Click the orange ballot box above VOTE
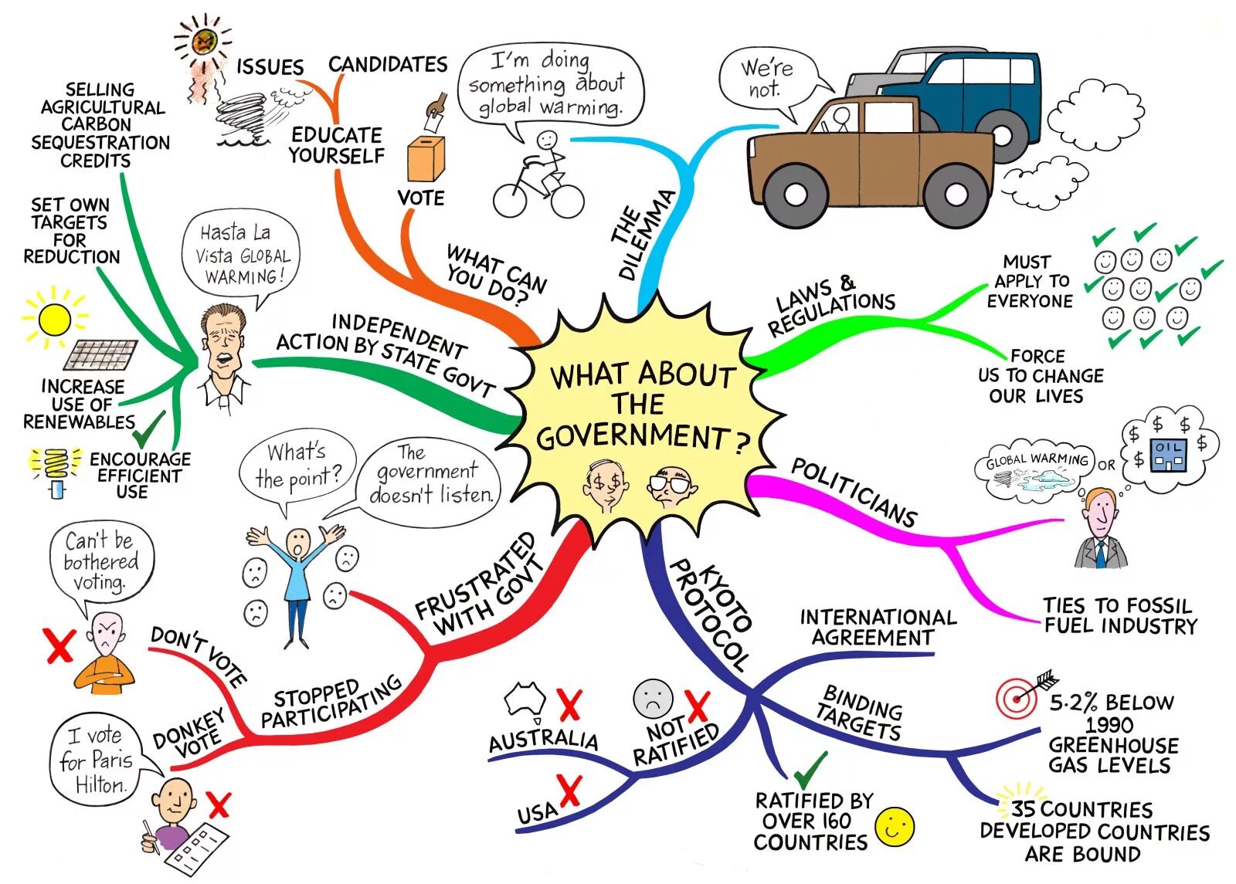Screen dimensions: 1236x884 [426, 159]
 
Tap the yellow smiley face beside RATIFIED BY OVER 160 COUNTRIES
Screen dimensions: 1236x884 [895, 827]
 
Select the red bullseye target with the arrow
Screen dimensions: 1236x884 [1017, 699]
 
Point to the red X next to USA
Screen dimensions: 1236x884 [569, 792]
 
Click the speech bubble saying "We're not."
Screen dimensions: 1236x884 [766, 80]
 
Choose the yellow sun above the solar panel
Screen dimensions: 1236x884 [54, 319]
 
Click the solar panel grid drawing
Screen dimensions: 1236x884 [100, 355]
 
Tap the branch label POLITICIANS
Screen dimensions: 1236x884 [854, 492]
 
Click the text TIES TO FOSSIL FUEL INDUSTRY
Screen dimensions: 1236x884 [1119, 615]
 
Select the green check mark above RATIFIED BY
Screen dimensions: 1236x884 [810, 770]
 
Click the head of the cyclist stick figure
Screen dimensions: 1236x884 [547, 141]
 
